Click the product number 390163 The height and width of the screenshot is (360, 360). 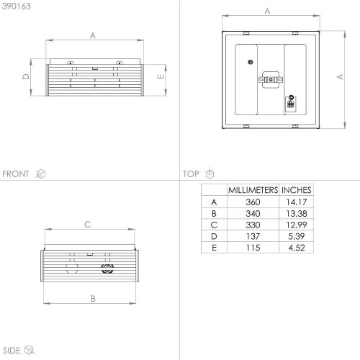coord(17,6)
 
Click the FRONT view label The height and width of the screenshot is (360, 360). coord(16,174)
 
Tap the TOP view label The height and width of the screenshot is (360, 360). coord(191,174)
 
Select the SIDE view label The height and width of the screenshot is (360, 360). coord(12,351)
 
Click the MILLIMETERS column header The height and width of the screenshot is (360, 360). coord(253,190)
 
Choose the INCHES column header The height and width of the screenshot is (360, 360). coord(297,190)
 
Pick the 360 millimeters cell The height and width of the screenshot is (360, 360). coord(253,202)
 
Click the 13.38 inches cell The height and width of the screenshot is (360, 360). coord(297,213)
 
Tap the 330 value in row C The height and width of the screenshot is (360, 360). coord(253,225)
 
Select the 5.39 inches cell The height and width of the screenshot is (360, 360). coord(297,236)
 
